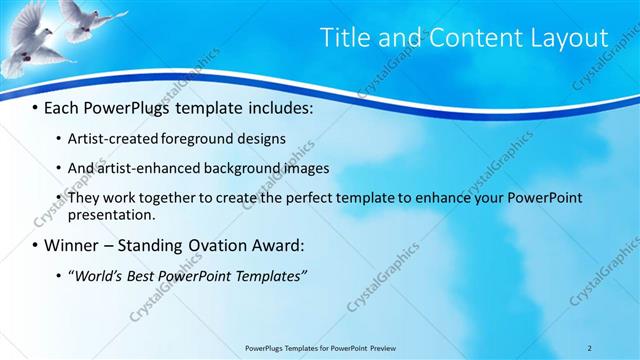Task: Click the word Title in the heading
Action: pos(343,38)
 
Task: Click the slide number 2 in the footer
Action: pos(590,348)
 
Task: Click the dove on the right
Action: pos(90,19)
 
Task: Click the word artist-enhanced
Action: pos(148,168)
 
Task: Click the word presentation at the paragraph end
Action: pos(111,214)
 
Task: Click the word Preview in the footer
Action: pos(388,348)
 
